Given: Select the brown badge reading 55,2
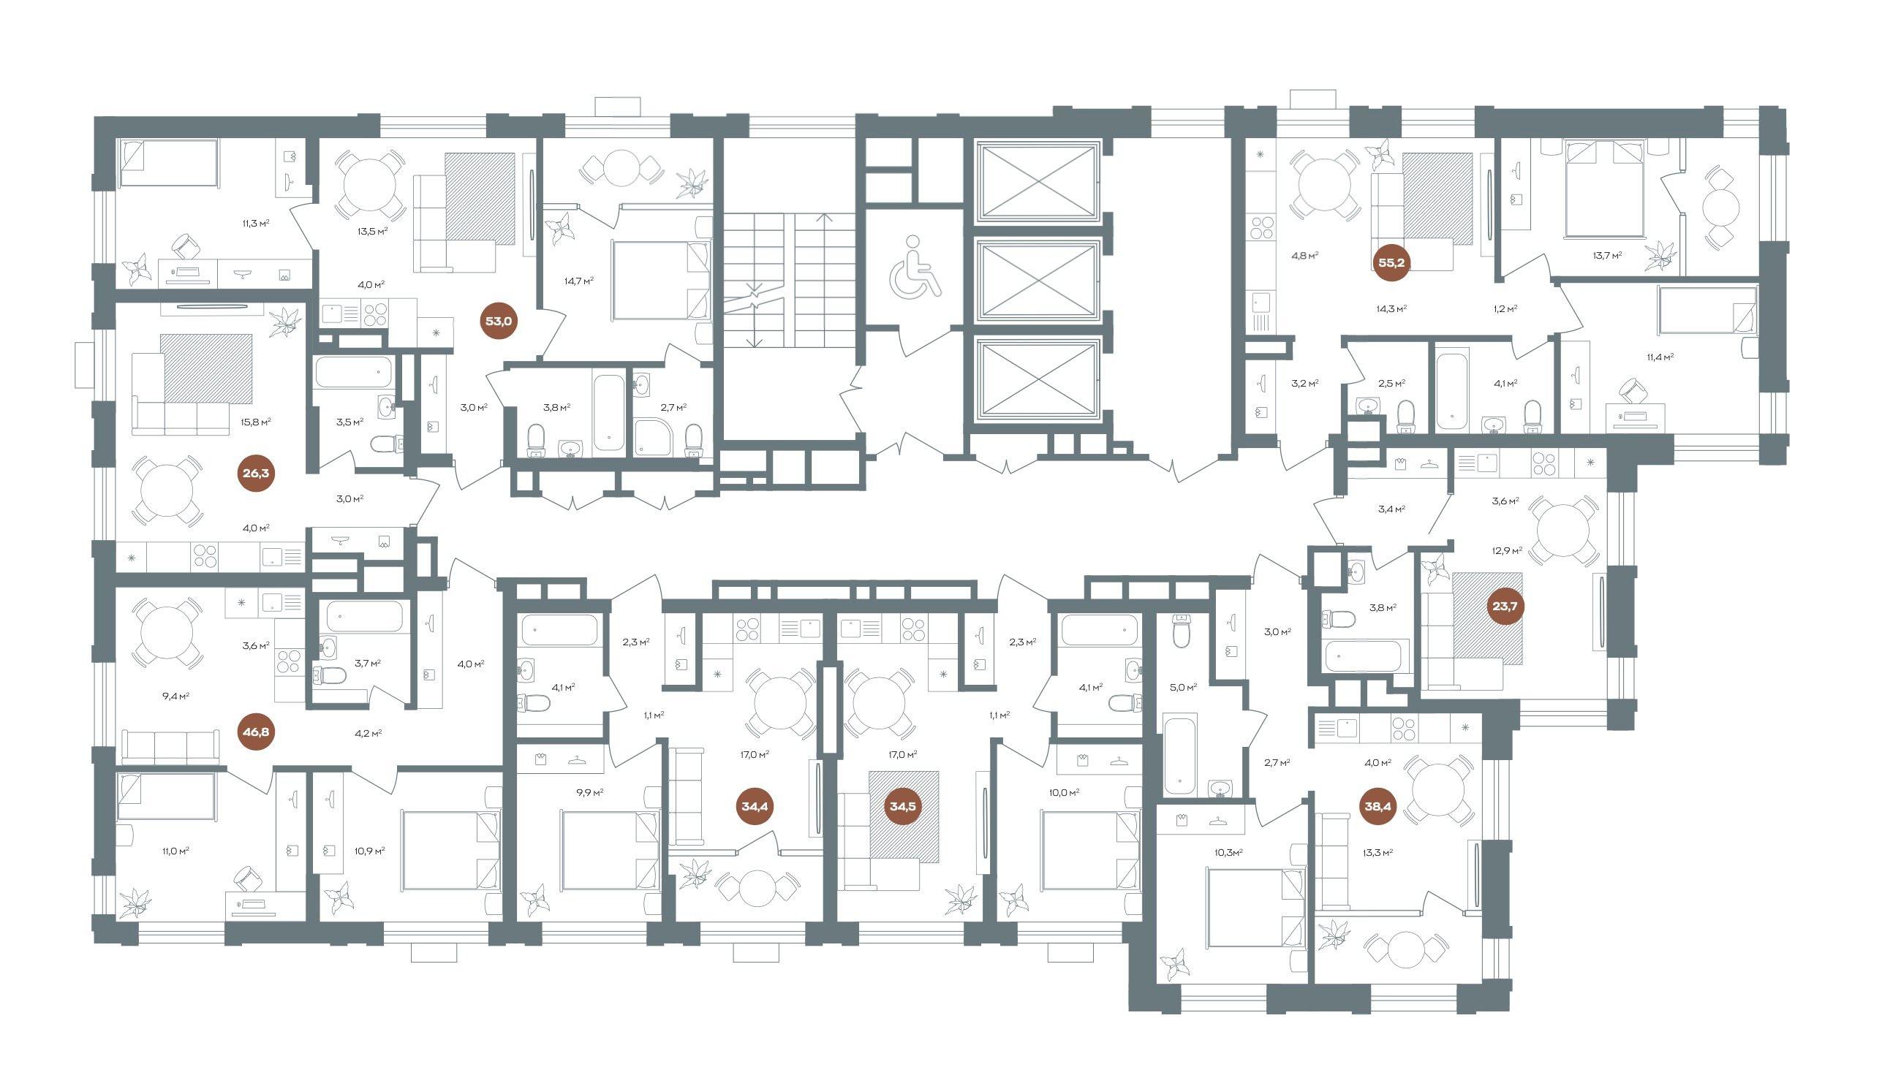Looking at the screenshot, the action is click(x=1391, y=262).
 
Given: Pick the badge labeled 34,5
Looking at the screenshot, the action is click(x=902, y=807).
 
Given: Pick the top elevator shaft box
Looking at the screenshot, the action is click(x=1038, y=183).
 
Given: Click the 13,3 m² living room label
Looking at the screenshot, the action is click(x=1379, y=852).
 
